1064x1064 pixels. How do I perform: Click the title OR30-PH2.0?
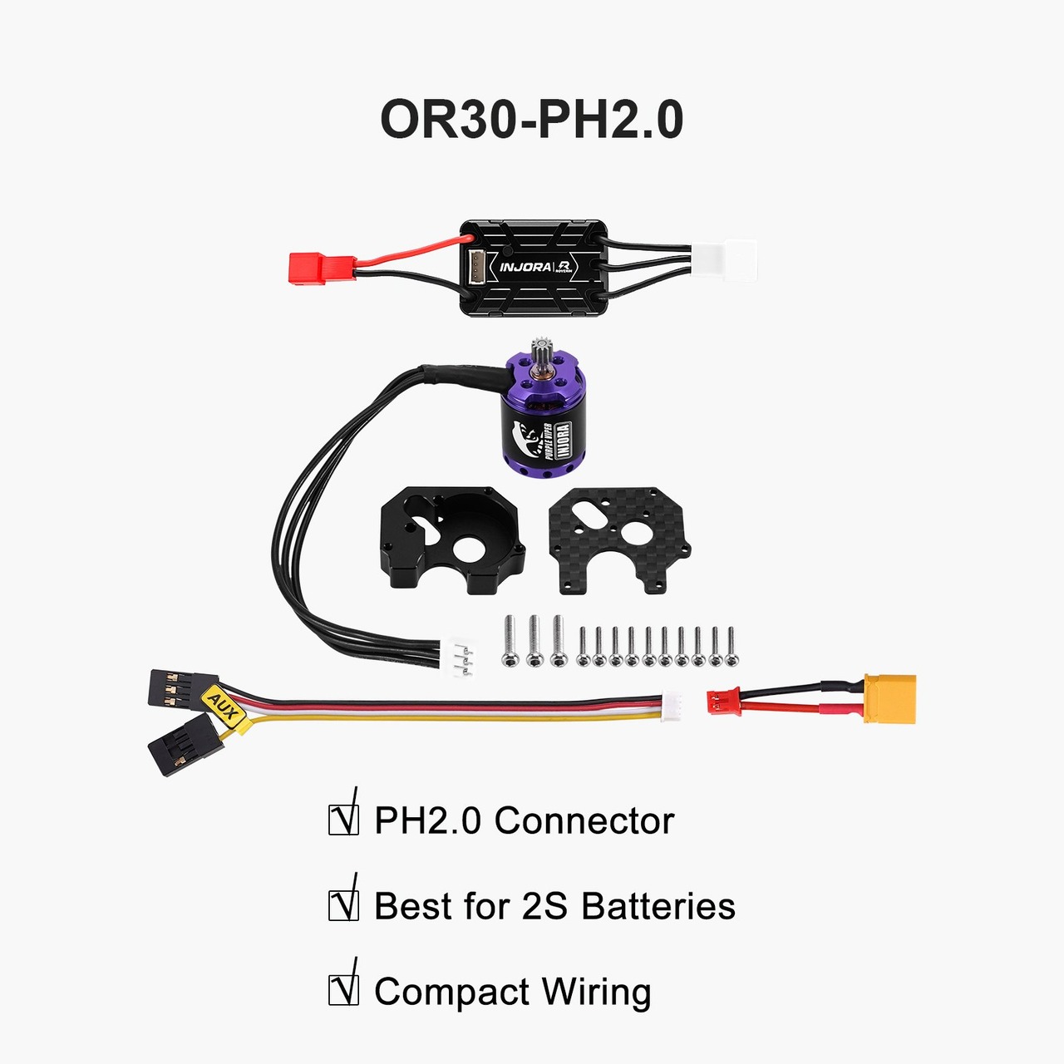pyautogui.click(x=532, y=119)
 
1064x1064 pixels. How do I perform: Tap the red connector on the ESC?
pyautogui.click(x=322, y=268)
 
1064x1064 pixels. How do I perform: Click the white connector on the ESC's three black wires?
pyautogui.click(x=724, y=260)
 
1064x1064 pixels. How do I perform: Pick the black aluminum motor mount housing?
pyautogui.click(x=452, y=540)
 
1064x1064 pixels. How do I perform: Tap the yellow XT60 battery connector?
pyautogui.click(x=889, y=698)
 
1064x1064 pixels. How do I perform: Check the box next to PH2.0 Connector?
pyautogui.click(x=343, y=820)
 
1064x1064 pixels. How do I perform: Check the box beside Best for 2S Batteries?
pyautogui.click(x=343, y=906)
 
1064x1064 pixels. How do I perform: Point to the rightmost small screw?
pyautogui.click(x=731, y=647)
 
